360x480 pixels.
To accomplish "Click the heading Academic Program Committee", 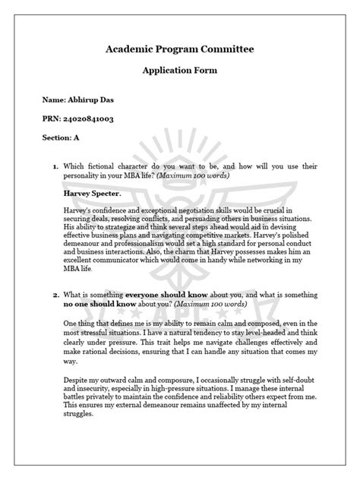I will coord(180,49).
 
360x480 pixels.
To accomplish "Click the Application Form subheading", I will coord(180,71).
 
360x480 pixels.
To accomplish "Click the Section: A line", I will coord(61,137).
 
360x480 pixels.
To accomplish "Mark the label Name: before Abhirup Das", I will coord(56,99).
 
